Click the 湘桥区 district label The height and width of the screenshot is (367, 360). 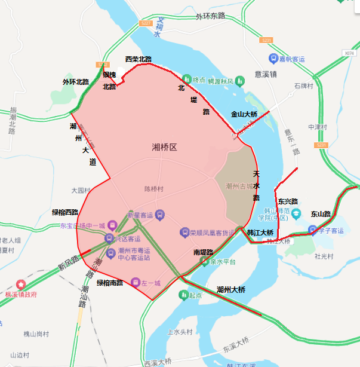[x=165, y=147]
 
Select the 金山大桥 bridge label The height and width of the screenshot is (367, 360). [x=244, y=114]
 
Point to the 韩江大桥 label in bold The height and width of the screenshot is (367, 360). [x=259, y=232]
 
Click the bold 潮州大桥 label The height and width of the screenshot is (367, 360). [x=231, y=289]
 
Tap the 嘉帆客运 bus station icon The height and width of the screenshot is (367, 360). [x=274, y=59]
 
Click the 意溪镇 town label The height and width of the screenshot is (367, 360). [x=265, y=75]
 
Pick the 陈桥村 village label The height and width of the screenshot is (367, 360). [x=153, y=189]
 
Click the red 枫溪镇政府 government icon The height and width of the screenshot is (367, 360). [x=22, y=284]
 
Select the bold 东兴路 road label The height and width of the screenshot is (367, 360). [x=288, y=201]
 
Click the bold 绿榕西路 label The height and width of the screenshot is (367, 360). [x=65, y=212]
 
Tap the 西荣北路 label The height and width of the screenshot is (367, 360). [x=138, y=59]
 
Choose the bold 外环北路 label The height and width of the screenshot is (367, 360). [x=75, y=82]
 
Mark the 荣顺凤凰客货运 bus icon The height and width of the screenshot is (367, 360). [x=184, y=232]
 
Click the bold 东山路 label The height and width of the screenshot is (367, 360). [x=320, y=213]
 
